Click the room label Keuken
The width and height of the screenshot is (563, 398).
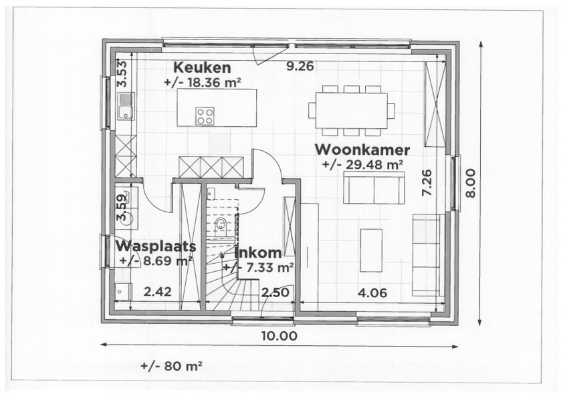(x=202, y=67)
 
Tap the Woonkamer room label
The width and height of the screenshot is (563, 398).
(x=362, y=149)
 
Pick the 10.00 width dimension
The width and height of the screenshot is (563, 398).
(x=279, y=336)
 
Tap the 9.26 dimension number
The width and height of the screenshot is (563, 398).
(x=300, y=66)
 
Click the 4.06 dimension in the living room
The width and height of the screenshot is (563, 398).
(x=372, y=292)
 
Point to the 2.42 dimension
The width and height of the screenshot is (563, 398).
(x=158, y=292)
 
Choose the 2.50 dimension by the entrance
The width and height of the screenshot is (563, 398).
(x=274, y=292)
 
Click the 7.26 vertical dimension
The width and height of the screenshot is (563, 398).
(x=427, y=182)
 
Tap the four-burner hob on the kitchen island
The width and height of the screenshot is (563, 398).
(x=205, y=116)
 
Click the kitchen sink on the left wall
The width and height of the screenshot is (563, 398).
(x=125, y=107)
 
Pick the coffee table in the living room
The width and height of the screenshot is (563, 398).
(x=371, y=250)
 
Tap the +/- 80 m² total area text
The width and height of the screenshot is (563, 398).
(x=172, y=367)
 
